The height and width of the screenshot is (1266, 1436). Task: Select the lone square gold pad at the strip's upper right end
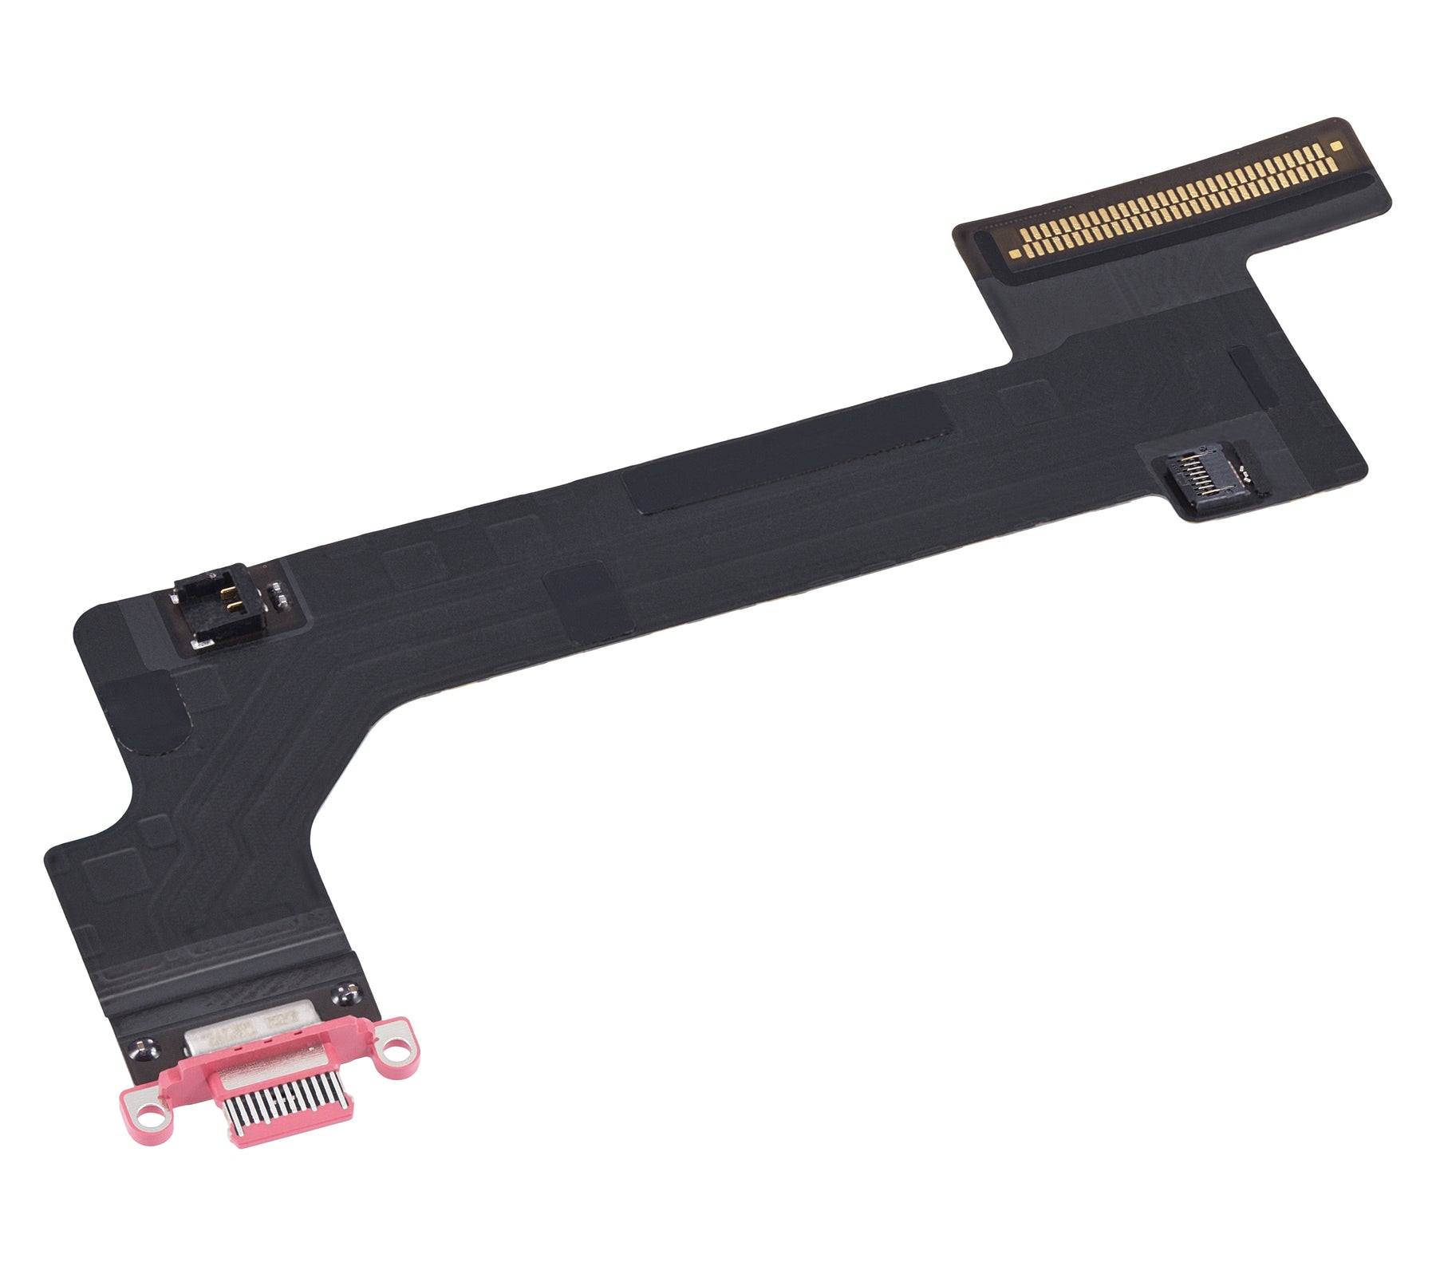click(1337, 146)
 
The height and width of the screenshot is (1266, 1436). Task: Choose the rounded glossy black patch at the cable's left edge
click(148, 711)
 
